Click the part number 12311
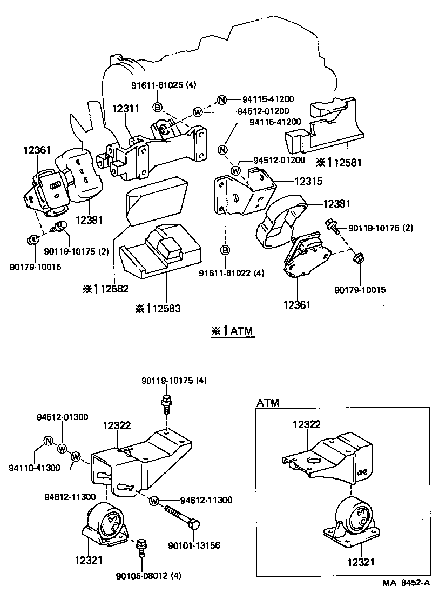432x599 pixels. point(126,109)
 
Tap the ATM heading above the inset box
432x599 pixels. point(268,403)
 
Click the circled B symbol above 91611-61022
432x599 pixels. point(226,250)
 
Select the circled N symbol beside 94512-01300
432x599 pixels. point(48,441)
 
